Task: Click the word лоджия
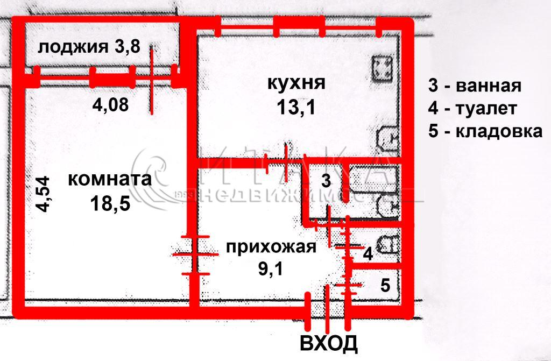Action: click(x=73, y=47)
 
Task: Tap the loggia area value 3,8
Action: click(x=127, y=46)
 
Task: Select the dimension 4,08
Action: click(x=110, y=104)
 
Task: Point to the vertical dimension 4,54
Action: click(x=44, y=194)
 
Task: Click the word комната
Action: click(x=110, y=179)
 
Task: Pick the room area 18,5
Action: click(x=110, y=203)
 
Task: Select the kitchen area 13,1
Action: click(x=296, y=107)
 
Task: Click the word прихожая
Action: click(x=271, y=247)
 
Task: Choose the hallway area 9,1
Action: click(x=271, y=270)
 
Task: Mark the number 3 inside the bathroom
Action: click(x=326, y=181)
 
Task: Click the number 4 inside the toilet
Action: click(x=368, y=254)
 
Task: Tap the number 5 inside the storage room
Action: click(x=385, y=285)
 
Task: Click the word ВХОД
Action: click(x=329, y=343)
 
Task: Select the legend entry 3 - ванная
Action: click(x=475, y=86)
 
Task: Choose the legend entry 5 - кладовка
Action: click(x=485, y=131)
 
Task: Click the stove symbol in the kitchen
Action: click(x=383, y=69)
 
